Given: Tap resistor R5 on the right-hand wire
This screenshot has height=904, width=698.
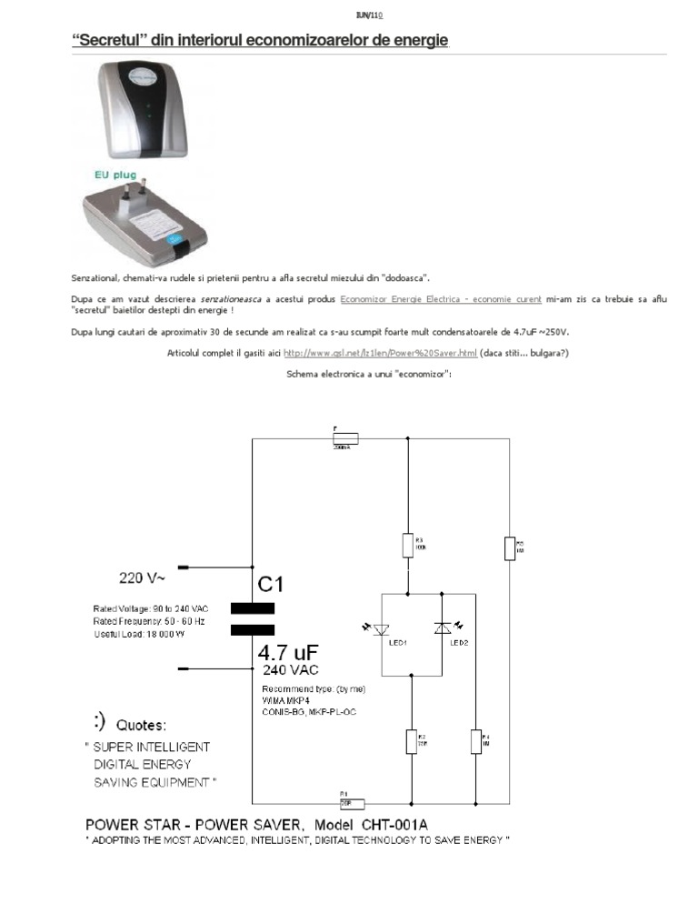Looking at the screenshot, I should pos(509,548).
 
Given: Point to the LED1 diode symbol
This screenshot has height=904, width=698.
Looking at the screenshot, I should pos(382,628).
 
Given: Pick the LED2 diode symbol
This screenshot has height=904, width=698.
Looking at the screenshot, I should pos(443,628).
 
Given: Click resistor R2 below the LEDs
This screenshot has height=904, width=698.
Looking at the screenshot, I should pos(412,741).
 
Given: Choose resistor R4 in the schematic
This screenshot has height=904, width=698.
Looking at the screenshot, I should pos(474,741).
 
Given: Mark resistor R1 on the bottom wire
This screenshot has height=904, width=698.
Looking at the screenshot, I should pos(351,804).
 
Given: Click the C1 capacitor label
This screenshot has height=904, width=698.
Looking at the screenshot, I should pos(275,583).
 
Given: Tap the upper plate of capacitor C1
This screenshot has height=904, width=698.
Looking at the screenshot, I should pos(252,608).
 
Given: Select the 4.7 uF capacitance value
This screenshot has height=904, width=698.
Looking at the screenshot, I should pos(290,652).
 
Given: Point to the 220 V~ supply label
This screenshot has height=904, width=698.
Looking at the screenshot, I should pos(143,577).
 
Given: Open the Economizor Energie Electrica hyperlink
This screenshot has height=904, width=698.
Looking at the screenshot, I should pos(441,298).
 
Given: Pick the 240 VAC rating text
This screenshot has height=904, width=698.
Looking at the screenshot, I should pos(291,669).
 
